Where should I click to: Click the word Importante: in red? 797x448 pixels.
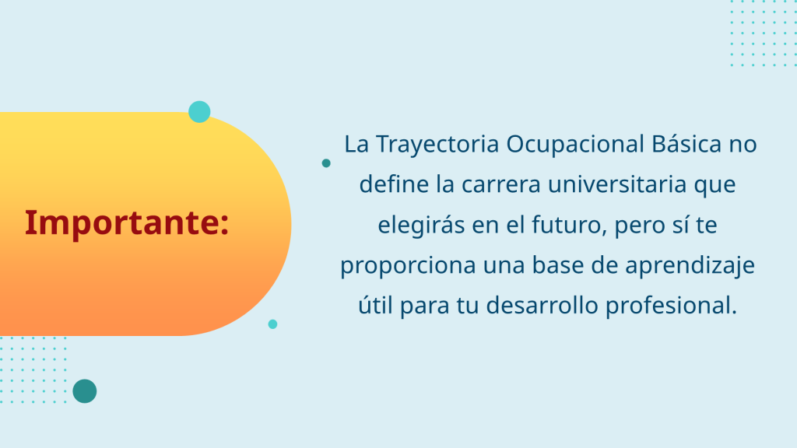[127, 222]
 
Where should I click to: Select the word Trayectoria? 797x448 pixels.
[437, 144]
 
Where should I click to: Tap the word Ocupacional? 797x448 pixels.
[575, 144]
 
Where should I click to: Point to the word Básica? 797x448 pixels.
[686, 143]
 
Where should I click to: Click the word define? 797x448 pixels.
[394, 184]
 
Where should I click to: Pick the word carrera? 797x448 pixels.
[500, 184]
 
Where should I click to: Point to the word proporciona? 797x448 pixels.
[408, 266]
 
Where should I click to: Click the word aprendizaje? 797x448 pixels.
[690, 266]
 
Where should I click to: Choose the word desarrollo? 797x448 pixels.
[542, 305]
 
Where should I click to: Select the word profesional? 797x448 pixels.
[671, 306]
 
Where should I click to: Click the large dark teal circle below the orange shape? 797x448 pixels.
[85, 391]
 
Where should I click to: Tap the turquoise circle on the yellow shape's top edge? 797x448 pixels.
[199, 112]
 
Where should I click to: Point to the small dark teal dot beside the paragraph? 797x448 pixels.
[326, 163]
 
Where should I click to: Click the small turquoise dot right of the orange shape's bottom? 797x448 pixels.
[273, 324]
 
